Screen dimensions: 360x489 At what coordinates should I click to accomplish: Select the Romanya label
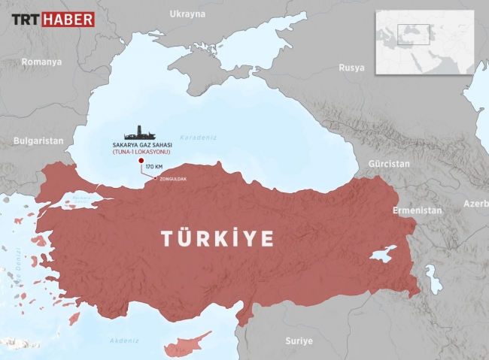pos(41,62)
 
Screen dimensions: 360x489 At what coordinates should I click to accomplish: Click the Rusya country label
pos(351,68)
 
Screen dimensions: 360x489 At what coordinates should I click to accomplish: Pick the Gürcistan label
pos(389,163)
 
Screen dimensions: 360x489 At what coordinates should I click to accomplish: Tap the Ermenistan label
pos(417,210)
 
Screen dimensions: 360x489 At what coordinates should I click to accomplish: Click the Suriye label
pos(299,340)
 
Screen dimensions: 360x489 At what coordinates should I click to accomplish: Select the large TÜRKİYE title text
pos(217,238)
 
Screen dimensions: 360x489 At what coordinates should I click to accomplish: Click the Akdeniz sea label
pos(124,340)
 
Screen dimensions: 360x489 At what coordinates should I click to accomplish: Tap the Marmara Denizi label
pos(80,200)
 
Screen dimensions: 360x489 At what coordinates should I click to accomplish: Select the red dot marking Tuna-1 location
pos(139,159)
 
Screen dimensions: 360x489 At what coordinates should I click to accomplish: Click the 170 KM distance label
pos(153,165)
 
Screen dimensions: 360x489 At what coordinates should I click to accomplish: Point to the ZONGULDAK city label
pos(173,179)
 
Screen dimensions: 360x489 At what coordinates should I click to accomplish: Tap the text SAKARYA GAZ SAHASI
pos(141,144)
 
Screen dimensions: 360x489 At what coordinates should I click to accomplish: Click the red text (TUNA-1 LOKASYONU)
pos(141,152)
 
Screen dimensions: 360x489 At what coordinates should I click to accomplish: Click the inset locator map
pos(426,42)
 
